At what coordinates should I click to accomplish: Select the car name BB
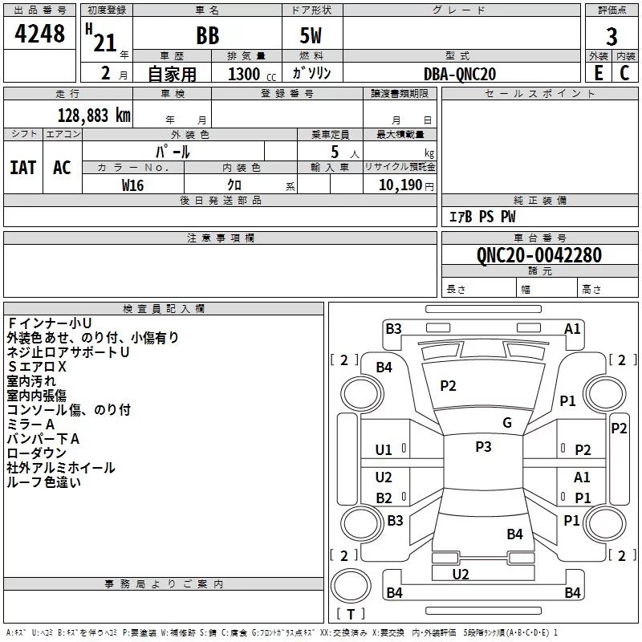pyautogui.click(x=207, y=37)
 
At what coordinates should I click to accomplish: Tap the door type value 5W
pyautogui.click(x=311, y=37)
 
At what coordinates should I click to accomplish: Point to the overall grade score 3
pyautogui.click(x=612, y=37)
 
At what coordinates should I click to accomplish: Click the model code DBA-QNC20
pyautogui.click(x=460, y=74)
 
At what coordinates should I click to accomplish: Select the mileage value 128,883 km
pyautogui.click(x=94, y=115)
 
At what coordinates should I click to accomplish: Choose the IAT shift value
pyautogui.click(x=23, y=168)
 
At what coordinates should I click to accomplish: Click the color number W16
pyautogui.click(x=132, y=185)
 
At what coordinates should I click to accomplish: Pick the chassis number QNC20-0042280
pyautogui.click(x=538, y=255)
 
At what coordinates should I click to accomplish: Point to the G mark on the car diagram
pyautogui.click(x=507, y=423)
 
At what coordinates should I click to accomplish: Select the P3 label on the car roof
pyautogui.click(x=483, y=447)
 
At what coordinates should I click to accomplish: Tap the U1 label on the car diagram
pyautogui.click(x=384, y=450)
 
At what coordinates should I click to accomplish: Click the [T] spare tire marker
pyautogui.click(x=351, y=614)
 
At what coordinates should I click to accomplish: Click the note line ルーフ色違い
pyautogui.click(x=44, y=482)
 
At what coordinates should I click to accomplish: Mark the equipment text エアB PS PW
pyautogui.click(x=481, y=217)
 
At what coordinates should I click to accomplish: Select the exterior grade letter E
pyautogui.click(x=599, y=73)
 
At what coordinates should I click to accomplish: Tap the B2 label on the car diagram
pyautogui.click(x=384, y=498)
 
